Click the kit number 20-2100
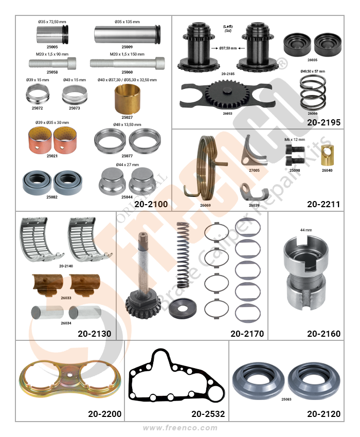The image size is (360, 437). click(x=151, y=204)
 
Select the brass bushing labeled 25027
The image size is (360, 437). click(x=127, y=99)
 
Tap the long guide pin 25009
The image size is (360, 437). click(x=128, y=34)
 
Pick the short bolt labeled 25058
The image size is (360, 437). click(x=52, y=63)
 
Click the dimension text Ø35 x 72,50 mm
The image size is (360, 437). click(x=52, y=22)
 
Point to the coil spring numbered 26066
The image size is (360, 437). click(x=313, y=94)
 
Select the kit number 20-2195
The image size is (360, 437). click(x=324, y=122)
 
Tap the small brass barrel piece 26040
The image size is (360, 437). click(x=327, y=155)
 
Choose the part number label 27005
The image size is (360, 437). click(x=254, y=170)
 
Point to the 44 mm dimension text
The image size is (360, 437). click(x=306, y=230)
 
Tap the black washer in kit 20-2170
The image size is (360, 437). click(x=183, y=308)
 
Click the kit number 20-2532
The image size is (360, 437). click(x=208, y=414)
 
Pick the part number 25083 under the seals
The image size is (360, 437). click(x=286, y=399)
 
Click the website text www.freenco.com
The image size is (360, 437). click(x=180, y=428)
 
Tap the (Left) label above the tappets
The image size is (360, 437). click(x=228, y=26)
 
